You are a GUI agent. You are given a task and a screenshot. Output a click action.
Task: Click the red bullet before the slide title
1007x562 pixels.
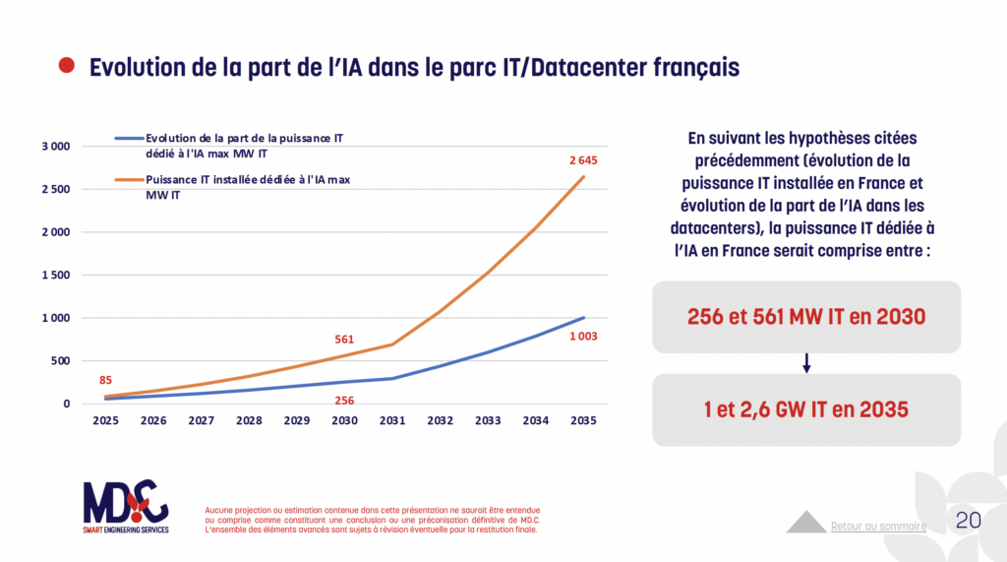pyautogui.click(x=66, y=66)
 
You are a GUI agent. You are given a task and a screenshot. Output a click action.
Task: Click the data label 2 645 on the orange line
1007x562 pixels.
pyautogui.click(x=582, y=160)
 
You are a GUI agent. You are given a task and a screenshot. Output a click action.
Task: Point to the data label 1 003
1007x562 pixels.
pyautogui.click(x=582, y=337)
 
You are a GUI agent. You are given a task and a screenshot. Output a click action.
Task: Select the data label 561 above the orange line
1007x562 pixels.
pyautogui.click(x=344, y=340)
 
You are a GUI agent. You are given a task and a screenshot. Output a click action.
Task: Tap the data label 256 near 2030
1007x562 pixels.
pyautogui.click(x=344, y=401)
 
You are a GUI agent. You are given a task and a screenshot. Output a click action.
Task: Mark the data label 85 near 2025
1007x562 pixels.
pyautogui.click(x=105, y=381)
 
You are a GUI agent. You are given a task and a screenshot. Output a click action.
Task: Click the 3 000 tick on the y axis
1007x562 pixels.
pyautogui.click(x=55, y=147)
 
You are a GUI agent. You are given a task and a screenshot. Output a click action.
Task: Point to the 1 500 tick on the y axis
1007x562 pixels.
pyautogui.click(x=55, y=276)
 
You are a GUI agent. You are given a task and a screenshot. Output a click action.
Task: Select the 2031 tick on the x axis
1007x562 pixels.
pyautogui.click(x=392, y=420)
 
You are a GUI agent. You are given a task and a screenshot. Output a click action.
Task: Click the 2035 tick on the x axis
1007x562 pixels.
pyautogui.click(x=583, y=420)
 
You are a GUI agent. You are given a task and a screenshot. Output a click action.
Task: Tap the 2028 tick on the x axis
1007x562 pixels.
pyautogui.click(x=249, y=420)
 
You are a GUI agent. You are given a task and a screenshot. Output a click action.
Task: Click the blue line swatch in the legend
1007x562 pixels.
pyautogui.click(x=129, y=139)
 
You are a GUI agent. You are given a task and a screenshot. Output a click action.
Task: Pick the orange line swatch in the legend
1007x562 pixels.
pyautogui.click(x=129, y=180)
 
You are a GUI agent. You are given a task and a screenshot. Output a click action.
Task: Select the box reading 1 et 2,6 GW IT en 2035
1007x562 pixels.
pyautogui.click(x=805, y=409)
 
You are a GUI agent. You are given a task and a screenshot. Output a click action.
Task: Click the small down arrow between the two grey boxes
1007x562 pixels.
pyautogui.click(x=806, y=363)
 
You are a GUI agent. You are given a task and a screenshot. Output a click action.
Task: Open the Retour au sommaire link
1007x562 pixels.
pyautogui.click(x=878, y=526)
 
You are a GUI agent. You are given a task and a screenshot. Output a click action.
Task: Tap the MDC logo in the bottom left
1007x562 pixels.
pyautogui.click(x=125, y=505)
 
